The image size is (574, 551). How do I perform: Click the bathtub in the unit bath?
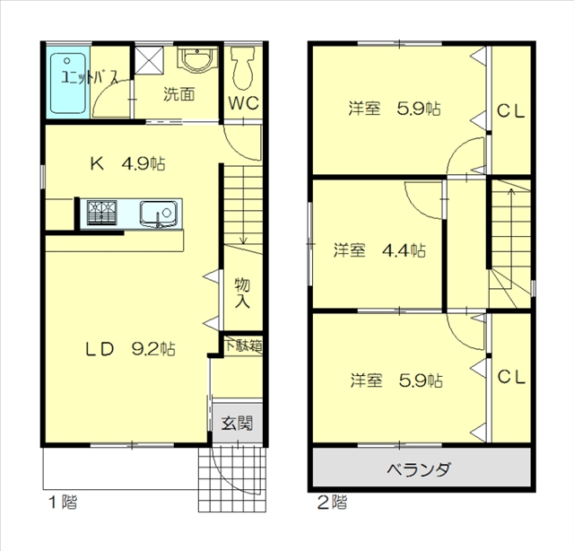[x=68, y=83]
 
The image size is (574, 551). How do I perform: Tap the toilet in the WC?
[x=243, y=68]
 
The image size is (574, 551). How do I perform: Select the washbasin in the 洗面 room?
[x=197, y=59]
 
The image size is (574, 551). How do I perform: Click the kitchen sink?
[x=158, y=214]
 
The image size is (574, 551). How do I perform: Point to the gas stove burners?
[x=101, y=213]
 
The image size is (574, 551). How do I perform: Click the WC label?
[x=243, y=103]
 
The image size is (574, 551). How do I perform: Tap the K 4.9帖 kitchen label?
[x=127, y=163]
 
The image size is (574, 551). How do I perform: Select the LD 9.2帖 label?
[x=130, y=349]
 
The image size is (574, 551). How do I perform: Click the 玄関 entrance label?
[x=237, y=424]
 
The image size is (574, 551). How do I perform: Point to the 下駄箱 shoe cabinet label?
[x=243, y=345]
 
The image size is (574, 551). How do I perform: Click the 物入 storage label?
[x=242, y=293]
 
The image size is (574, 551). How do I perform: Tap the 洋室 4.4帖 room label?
[x=379, y=250]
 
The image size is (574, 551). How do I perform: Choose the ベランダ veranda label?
[x=419, y=469]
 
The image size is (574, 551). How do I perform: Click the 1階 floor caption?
[x=63, y=502]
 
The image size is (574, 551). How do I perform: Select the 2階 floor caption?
[x=332, y=502]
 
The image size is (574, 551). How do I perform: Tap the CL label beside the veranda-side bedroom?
[x=511, y=377]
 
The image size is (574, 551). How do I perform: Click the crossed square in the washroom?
[x=149, y=59]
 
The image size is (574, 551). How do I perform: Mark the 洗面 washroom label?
[x=179, y=94]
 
